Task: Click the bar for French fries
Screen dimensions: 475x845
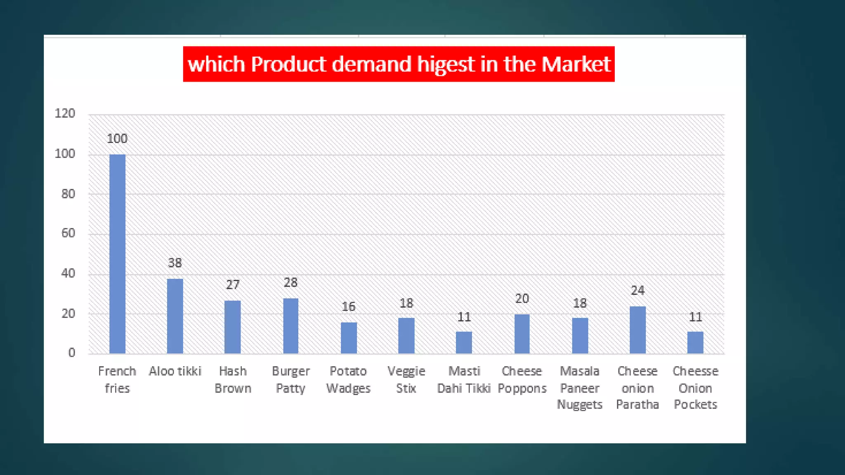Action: tap(117, 254)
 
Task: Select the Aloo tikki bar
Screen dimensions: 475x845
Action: tap(175, 316)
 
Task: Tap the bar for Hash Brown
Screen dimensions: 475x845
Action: tap(233, 327)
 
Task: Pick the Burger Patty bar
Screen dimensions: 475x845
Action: tap(290, 326)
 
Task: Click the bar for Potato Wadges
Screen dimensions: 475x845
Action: tap(349, 338)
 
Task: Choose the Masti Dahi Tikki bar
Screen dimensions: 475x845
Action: tap(464, 342)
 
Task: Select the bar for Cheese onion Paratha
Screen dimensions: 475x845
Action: tap(637, 329)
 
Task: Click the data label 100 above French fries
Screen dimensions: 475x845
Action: tap(117, 139)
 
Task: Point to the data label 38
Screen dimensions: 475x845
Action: tap(175, 263)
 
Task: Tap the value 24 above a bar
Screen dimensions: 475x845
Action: tap(637, 291)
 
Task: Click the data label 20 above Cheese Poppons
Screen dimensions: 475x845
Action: tap(522, 299)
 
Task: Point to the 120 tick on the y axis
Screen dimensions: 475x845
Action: tap(65, 113)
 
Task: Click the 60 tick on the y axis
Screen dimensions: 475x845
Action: tap(68, 233)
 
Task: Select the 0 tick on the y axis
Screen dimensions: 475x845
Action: tap(72, 353)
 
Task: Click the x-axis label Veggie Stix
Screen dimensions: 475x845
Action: tap(406, 380)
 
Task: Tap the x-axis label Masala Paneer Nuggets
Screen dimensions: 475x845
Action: tap(580, 388)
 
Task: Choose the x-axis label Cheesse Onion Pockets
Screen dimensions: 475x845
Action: tap(695, 388)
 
